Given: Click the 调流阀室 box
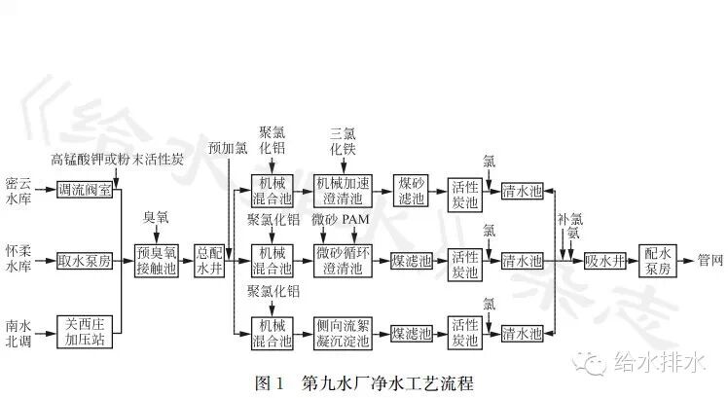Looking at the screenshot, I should pos(86,191).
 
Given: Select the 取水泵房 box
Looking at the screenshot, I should pos(86,261).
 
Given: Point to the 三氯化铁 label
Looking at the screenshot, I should pos(345,143).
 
